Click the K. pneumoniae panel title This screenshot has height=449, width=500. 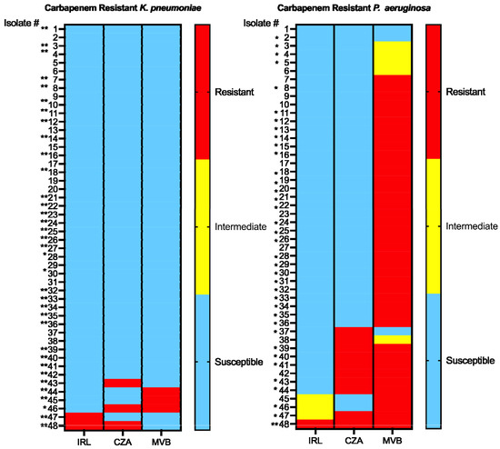coord(125,7)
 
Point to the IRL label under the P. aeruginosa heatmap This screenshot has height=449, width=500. coord(316,441)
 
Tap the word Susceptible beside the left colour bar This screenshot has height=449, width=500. coord(238,362)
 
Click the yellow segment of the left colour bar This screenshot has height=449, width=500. coord(203,226)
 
